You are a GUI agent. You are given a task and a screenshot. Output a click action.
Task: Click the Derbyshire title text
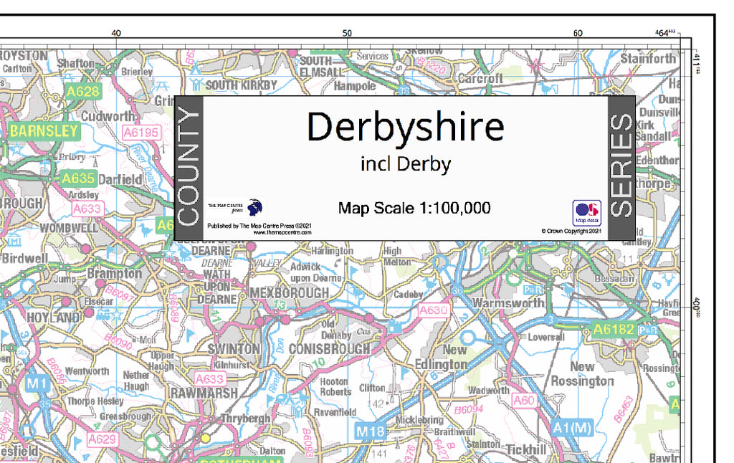(x=405, y=127)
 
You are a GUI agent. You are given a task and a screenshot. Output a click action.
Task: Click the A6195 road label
(x=140, y=133)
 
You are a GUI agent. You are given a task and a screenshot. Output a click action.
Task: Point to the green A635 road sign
(x=78, y=178)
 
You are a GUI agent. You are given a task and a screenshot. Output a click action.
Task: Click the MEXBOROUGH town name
(x=289, y=293)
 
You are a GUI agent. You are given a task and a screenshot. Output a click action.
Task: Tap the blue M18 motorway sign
(x=371, y=431)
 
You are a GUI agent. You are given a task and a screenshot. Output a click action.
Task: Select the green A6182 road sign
(x=614, y=330)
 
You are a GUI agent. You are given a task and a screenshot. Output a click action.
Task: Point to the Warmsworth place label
(x=508, y=303)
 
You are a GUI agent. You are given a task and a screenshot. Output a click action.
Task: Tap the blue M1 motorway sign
(x=37, y=384)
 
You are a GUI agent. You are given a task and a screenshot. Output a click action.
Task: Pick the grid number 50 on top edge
(x=347, y=33)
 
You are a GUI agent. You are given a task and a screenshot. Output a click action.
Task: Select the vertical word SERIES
(x=621, y=168)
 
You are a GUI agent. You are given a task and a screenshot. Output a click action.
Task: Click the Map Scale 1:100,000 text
(x=414, y=209)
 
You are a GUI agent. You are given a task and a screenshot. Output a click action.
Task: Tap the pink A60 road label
(x=523, y=401)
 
